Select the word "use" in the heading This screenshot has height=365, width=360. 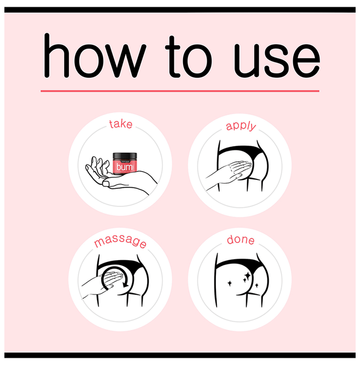tap(277, 60)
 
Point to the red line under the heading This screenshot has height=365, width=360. tap(180, 91)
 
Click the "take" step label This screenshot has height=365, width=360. tap(121, 124)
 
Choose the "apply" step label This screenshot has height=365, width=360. tap(241, 126)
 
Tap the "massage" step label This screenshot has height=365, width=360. tap(120, 241)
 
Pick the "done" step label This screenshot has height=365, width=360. tap(241, 239)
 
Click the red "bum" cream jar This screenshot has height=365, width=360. tap(125, 164)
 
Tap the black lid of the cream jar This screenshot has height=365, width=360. tap(125, 156)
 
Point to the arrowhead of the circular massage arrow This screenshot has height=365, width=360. tap(125, 284)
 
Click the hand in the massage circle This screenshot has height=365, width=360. tap(102, 284)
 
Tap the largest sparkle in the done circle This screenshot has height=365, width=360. tap(247, 276)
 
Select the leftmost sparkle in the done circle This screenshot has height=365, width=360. tap(230, 283)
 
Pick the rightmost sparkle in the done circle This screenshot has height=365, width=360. tap(257, 285)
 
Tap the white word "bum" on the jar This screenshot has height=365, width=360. tap(124, 167)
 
